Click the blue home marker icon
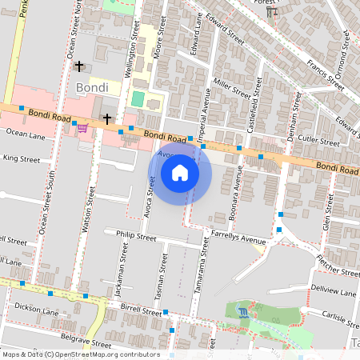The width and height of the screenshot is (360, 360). tap(180, 174)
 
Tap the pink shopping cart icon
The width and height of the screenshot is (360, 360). tap(82, 127)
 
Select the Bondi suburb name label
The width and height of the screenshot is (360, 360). tap(92, 86)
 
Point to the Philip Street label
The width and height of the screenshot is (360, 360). tap(135, 237)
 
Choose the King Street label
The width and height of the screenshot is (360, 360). tap(21, 159)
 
